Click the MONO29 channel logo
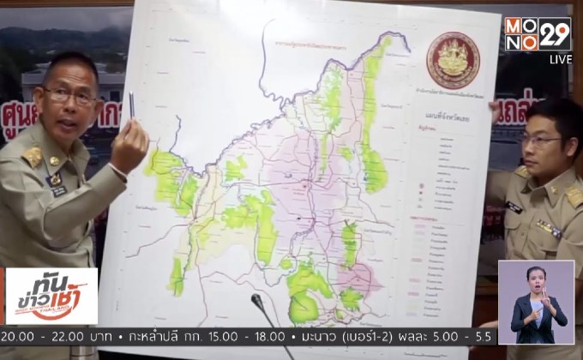point(538,33)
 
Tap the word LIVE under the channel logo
point(560,59)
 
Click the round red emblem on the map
point(454,60)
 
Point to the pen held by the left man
point(132,106)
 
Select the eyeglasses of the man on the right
point(542,140)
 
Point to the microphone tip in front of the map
point(256,299)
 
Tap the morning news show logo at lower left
point(51,296)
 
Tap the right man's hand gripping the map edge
point(493,108)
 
